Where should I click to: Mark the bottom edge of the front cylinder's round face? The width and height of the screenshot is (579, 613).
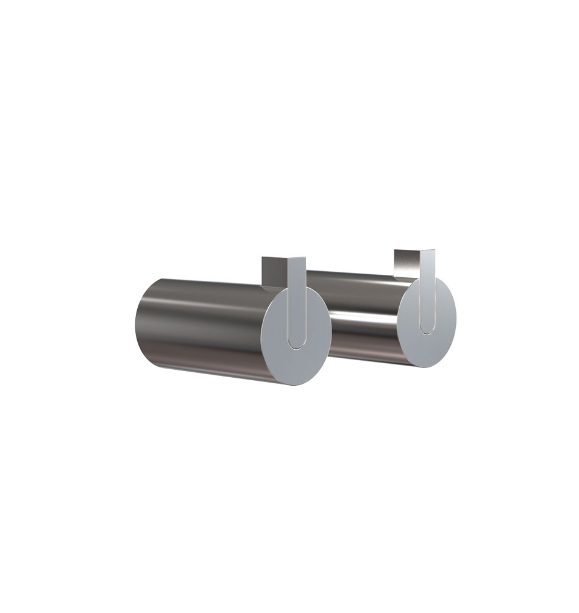point(293,388)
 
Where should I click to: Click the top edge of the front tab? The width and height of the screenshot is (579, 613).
point(297,258)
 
